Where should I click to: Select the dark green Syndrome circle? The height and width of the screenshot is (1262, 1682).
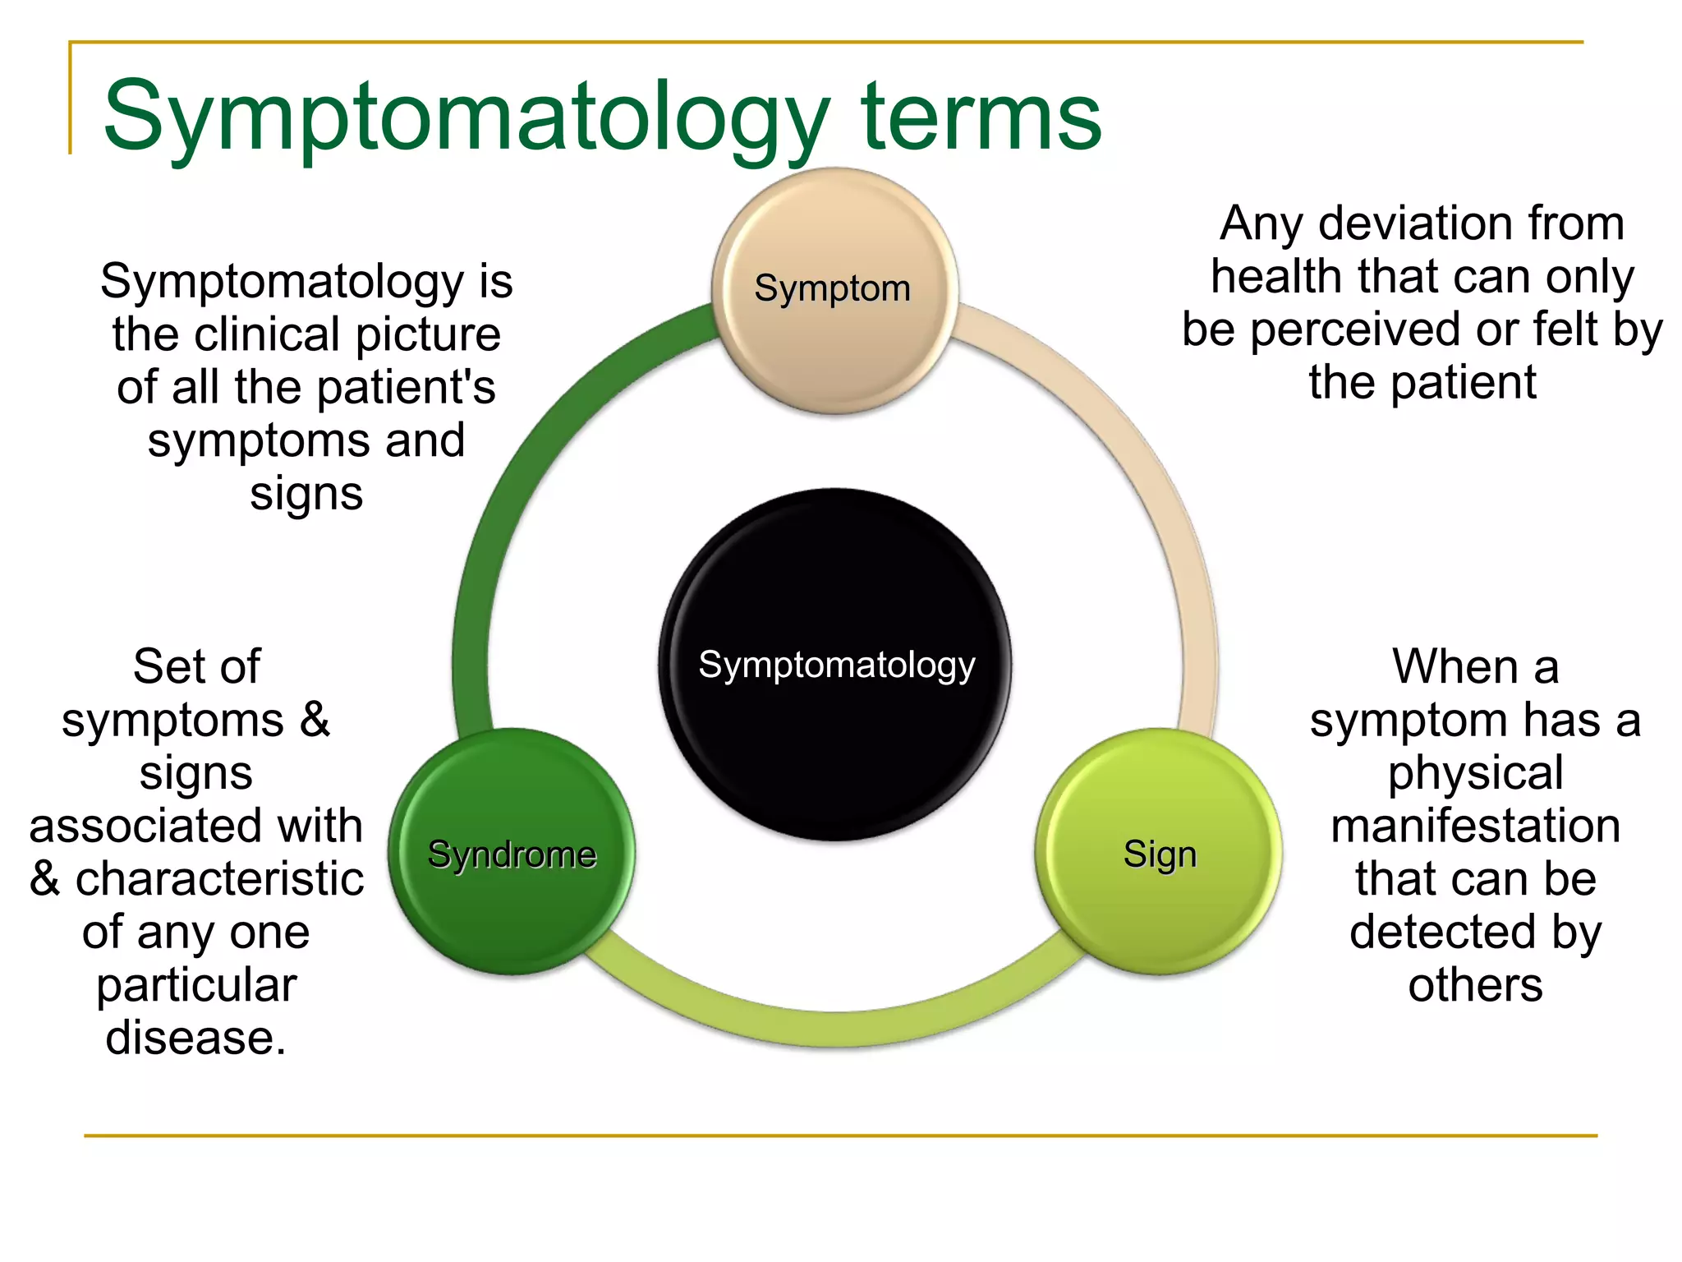point(512,852)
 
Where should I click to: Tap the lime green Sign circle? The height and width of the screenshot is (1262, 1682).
point(1158,852)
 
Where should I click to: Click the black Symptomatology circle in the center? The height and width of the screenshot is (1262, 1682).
point(835,664)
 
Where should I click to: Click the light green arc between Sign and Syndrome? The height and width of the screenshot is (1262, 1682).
point(834,1027)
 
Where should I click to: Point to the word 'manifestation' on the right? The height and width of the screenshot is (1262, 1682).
point(1475,826)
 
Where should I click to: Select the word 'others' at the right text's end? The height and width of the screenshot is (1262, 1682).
point(1475,985)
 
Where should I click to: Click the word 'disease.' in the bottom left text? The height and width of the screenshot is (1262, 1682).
point(195,1038)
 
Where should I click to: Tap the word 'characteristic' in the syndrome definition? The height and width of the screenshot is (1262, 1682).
point(219,879)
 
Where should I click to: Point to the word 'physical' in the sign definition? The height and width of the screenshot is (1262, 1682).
point(1475,773)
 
